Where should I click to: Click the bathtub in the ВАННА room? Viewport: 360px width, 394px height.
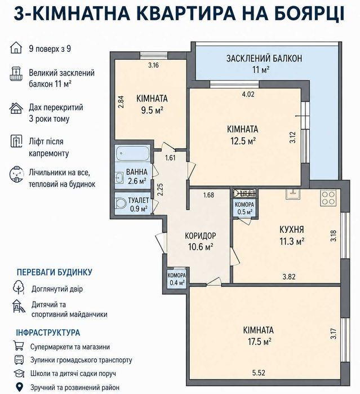coord(133,153)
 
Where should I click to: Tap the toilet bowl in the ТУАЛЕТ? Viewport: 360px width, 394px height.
coord(122,203)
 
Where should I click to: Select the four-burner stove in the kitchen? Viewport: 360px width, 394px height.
coord(328,198)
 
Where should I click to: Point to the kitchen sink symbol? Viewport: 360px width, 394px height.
coord(292,194)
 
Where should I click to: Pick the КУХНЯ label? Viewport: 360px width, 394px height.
coord(292,229)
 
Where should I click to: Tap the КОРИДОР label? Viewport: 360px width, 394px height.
coord(201,236)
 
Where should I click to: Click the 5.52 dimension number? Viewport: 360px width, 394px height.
coord(259,373)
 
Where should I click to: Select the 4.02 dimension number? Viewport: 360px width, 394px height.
coord(248,94)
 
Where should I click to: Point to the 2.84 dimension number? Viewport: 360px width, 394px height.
coord(121,102)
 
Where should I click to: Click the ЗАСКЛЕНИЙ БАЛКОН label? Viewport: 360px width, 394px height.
coord(264,58)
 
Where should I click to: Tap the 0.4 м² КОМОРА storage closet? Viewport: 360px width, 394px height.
coord(177,278)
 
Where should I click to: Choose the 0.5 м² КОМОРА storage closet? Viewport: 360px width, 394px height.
coord(245,208)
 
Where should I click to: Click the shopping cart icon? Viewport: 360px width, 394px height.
coord(19,346)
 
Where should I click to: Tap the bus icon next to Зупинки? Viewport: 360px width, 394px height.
coord(19,360)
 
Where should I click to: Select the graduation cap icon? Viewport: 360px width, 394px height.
coord(19,373)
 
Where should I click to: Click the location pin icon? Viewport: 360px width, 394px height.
coord(19,387)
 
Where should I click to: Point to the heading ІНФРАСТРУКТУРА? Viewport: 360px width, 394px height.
coord(48,333)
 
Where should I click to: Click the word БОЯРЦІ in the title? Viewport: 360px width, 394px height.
coord(309,14)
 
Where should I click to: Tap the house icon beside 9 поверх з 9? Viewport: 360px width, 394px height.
coord(16,48)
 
